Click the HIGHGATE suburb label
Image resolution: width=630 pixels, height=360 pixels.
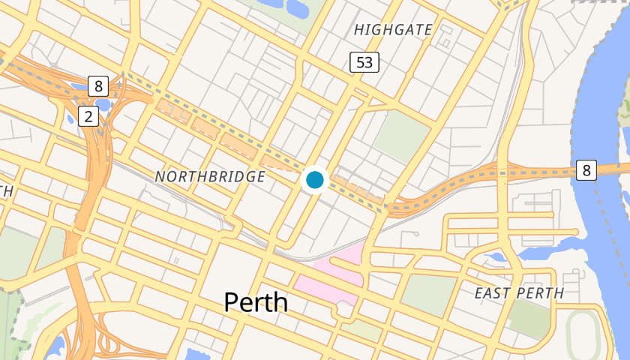coord(394,30)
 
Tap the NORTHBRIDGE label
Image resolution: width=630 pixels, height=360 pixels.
coord(210,177)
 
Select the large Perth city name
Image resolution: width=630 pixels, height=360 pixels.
coord(256,301)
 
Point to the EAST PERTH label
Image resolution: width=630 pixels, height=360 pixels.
coord(519,293)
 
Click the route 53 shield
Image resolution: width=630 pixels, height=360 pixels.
coord(364,62)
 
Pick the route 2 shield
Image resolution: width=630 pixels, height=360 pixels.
coord(88,116)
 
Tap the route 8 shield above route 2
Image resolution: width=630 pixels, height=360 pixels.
coord(98,85)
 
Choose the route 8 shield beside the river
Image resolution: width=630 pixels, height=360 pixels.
coord(586,170)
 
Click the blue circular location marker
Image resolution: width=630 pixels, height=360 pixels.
coord(314,180)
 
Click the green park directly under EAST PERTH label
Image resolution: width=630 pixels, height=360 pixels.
coord(530,319)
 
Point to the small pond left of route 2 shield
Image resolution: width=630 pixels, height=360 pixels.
coord(72,118)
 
